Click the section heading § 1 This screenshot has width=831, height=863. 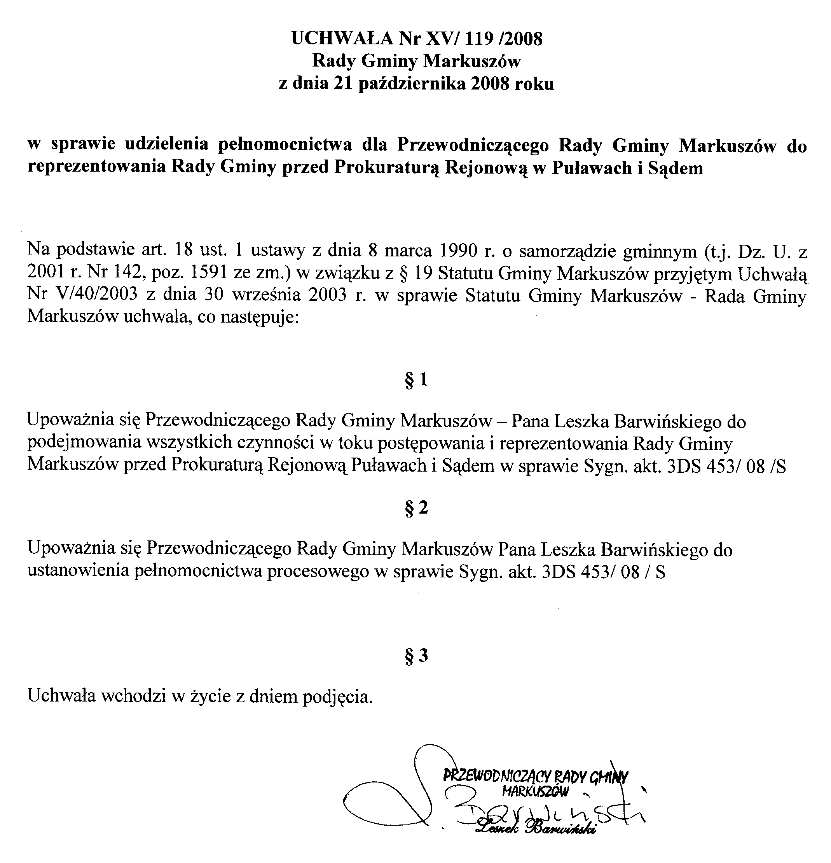click(416, 379)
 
